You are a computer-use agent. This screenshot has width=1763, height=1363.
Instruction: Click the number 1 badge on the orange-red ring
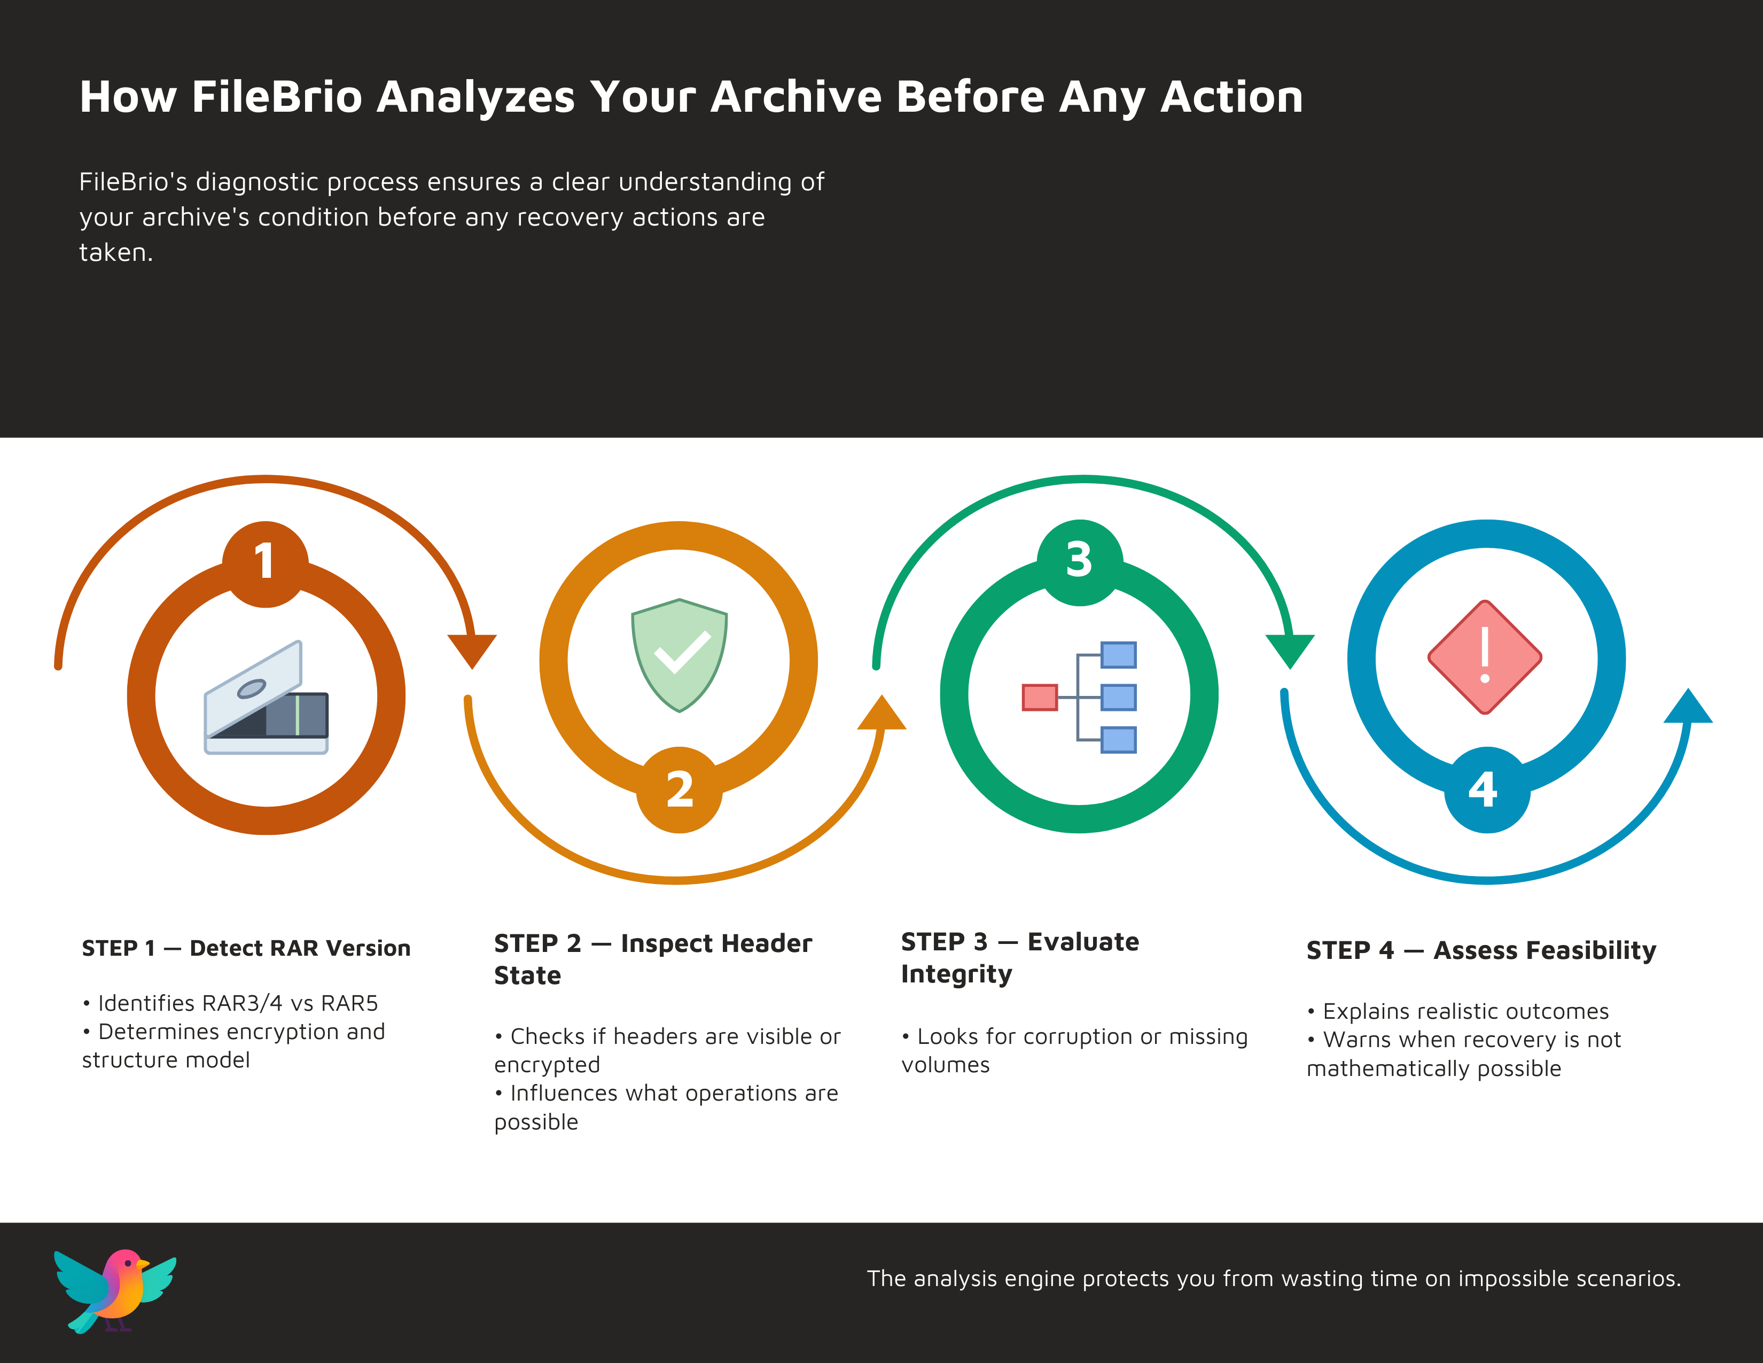(x=266, y=563)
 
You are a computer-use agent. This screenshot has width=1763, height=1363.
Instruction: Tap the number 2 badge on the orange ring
(x=679, y=789)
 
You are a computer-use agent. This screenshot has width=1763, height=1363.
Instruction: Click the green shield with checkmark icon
(x=679, y=655)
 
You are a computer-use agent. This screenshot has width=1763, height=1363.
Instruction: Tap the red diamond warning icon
(x=1485, y=656)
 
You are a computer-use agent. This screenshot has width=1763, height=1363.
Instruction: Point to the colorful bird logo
(x=115, y=1290)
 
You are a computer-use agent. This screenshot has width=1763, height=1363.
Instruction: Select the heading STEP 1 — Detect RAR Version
(x=246, y=948)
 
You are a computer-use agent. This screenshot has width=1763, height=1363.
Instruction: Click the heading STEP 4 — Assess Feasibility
(x=1481, y=950)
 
